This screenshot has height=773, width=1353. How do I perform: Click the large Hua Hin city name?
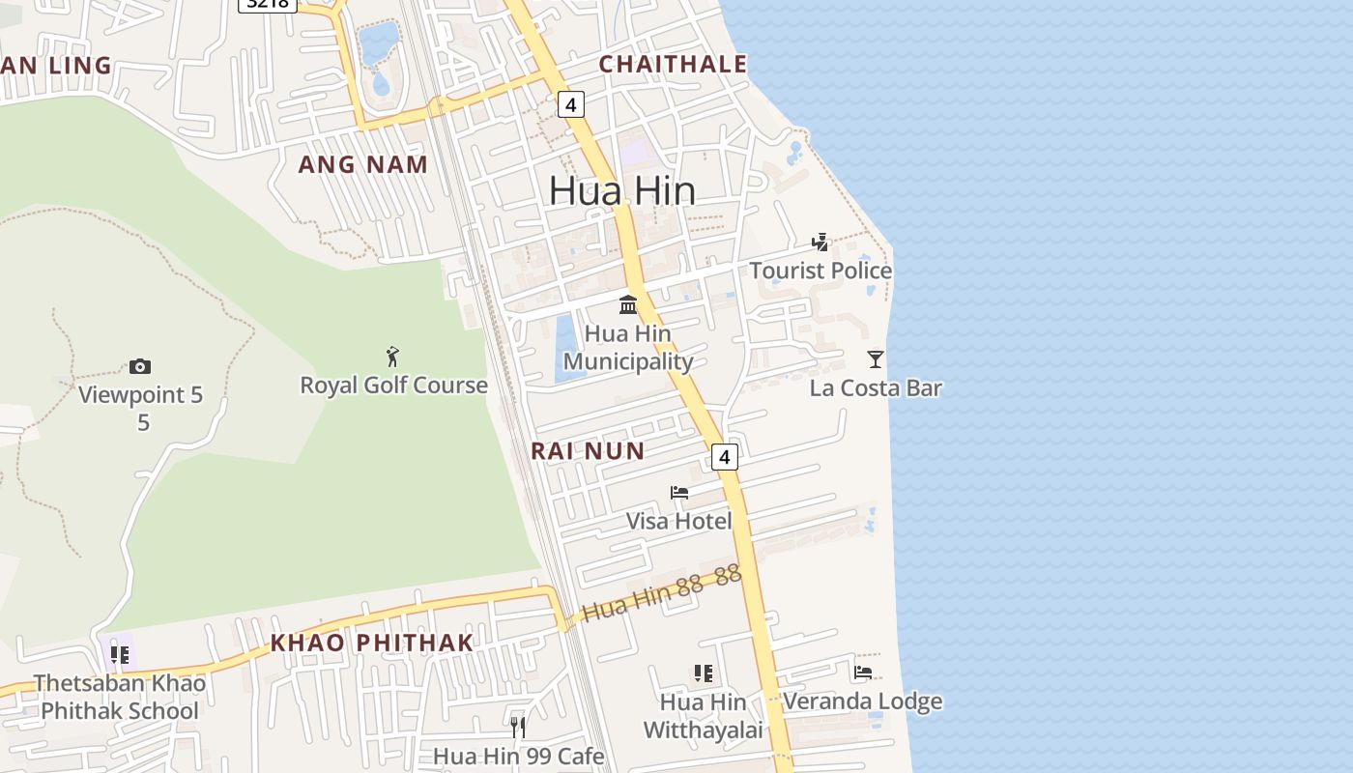point(621,190)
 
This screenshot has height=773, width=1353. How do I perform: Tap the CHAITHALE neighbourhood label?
point(673,65)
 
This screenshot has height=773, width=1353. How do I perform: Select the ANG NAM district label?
point(362,164)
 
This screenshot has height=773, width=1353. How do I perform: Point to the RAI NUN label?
point(587,450)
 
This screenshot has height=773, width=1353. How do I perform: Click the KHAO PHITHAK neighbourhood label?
point(372,643)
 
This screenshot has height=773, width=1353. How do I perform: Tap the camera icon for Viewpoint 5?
point(140,366)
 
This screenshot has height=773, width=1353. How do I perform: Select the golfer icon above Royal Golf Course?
point(392,357)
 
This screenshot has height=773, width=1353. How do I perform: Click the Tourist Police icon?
point(820,243)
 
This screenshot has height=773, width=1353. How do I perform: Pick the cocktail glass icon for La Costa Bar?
point(875,359)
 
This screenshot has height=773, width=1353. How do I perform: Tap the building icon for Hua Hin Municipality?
point(628,304)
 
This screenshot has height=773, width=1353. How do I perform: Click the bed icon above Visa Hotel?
point(679,493)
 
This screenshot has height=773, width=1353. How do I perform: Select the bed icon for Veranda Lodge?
point(863,672)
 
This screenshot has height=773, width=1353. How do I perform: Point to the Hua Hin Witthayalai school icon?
point(703,673)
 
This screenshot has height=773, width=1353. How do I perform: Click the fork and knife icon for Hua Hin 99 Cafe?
point(518,727)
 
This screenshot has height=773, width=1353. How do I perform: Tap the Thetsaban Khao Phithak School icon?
point(120,655)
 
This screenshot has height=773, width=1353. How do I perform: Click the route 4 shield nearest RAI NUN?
point(725,456)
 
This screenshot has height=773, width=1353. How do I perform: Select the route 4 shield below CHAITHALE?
point(571,104)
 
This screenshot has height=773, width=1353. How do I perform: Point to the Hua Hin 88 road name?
point(661,592)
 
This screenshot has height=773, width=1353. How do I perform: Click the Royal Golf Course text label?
point(393,386)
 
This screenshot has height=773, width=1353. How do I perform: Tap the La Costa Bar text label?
point(875,388)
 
